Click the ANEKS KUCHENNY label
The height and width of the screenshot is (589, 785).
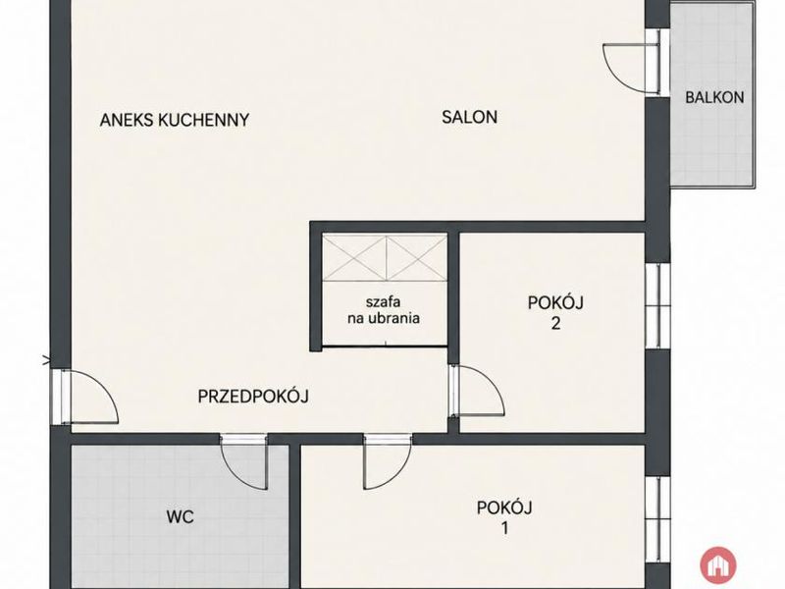tap(175, 120)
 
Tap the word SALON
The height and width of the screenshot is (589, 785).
tap(470, 117)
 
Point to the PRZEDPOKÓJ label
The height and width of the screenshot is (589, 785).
tap(253, 397)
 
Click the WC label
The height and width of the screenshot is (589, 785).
tap(181, 517)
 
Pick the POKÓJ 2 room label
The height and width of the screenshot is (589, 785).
tap(555, 313)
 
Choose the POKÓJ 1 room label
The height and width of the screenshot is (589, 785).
tap(504, 517)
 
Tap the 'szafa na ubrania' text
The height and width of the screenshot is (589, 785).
tap(384, 310)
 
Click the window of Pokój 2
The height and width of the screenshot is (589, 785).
tap(657, 305)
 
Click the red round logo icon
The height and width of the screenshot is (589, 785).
tap(718, 565)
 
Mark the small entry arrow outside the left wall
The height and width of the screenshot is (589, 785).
tap(47, 359)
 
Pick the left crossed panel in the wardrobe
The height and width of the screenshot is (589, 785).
tap(354, 258)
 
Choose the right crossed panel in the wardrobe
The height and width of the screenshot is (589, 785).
tap(416, 258)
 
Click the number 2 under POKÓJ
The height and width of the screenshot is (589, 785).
tap(555, 324)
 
